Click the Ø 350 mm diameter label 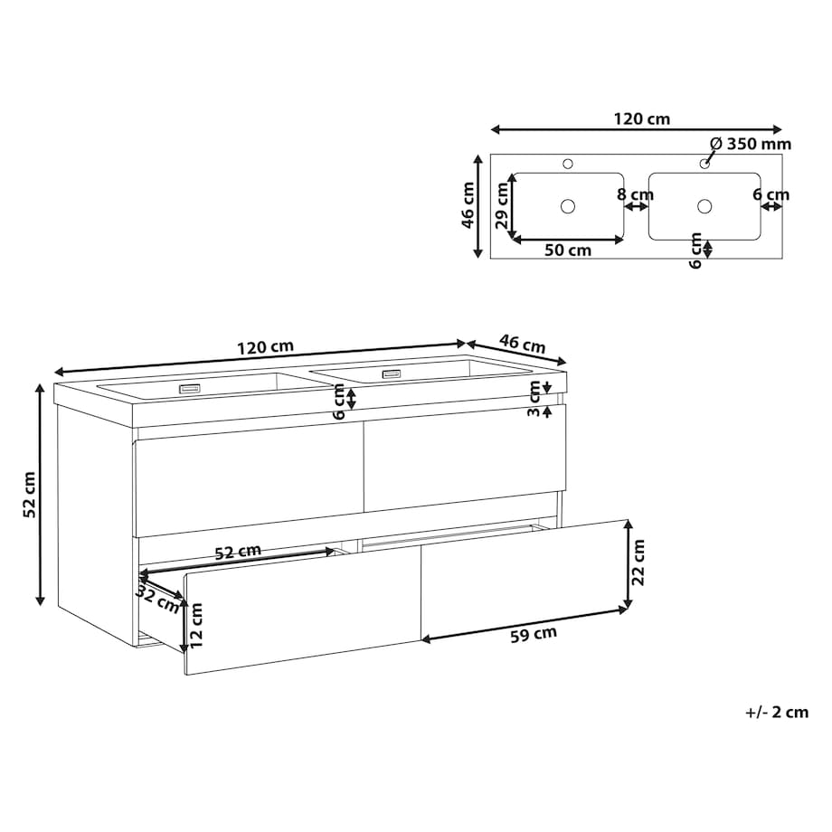pos(751,144)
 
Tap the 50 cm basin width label pos(568,250)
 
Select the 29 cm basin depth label pos(501,204)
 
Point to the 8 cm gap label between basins pos(635,194)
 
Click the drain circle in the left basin pos(568,206)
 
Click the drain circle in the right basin pos(704,206)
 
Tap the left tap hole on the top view pos(568,164)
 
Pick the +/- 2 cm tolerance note pos(777,712)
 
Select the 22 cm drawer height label pos(638,562)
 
